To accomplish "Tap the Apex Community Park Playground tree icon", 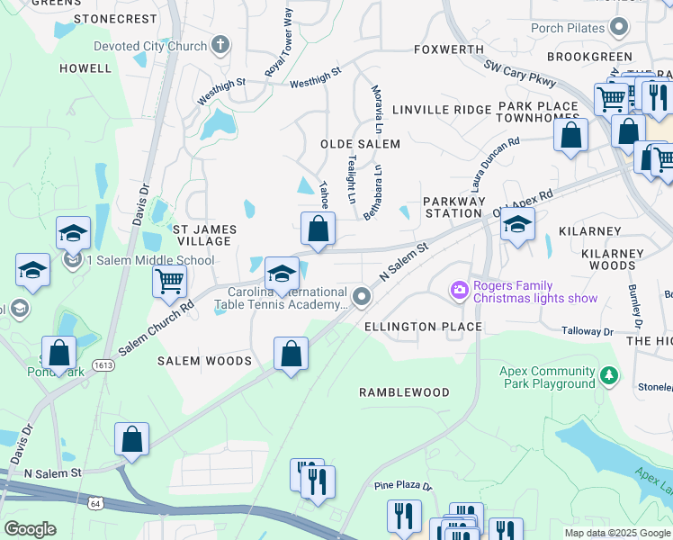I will tap(610, 373).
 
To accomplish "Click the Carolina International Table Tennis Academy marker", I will tap(362, 296).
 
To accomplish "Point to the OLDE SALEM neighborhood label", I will tap(360, 144).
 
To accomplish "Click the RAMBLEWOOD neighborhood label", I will tap(404, 392).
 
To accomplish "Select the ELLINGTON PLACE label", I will tap(423, 327).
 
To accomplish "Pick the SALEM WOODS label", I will tap(204, 361).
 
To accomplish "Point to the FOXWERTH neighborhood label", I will tap(442, 49).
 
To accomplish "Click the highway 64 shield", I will tap(94, 504).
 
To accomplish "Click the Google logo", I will tap(30, 529).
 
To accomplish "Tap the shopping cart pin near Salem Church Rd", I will tap(169, 282).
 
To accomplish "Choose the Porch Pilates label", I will tap(567, 28).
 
